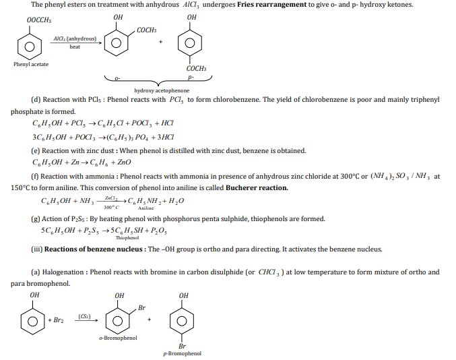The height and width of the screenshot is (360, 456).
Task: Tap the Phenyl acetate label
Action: (30, 64)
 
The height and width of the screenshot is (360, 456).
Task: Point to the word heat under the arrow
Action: (75, 47)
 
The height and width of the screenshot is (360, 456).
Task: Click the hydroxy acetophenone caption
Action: (162, 90)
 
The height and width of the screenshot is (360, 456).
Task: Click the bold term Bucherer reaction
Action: (257, 187)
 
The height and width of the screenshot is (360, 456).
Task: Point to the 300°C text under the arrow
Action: (112, 206)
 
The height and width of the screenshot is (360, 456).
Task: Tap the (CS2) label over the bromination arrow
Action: (85, 316)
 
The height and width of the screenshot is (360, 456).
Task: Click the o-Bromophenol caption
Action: (118, 338)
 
